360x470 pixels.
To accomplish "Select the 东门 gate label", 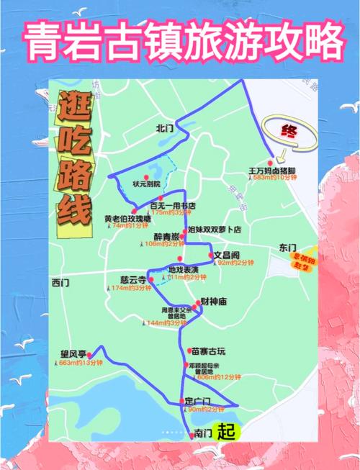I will (287, 248).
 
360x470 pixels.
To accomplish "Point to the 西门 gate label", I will (60, 283).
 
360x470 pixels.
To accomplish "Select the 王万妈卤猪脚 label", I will (273, 171).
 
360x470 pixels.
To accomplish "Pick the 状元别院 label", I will (146, 184).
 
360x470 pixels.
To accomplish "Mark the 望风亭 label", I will (73, 354).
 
